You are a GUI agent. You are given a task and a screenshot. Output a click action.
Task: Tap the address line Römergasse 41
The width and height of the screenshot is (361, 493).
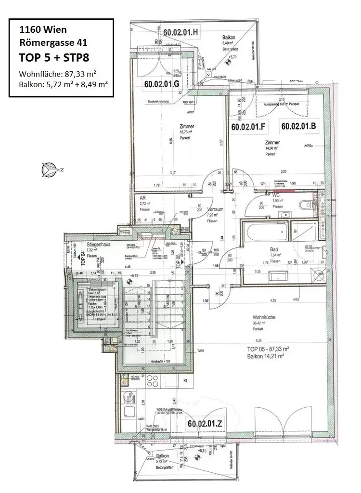pos(53,42)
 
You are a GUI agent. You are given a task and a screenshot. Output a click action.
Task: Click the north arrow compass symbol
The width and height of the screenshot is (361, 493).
pos(50,169)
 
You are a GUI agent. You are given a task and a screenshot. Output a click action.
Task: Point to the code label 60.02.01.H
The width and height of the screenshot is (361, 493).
pos(181,32)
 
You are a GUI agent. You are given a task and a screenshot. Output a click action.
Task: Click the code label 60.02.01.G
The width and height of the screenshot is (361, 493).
pos(162,84)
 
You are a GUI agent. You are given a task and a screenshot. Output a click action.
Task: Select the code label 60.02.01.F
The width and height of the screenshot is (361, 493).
pos(248,127)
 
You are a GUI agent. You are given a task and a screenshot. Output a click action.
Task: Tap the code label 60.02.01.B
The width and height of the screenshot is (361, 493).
pos(298,127)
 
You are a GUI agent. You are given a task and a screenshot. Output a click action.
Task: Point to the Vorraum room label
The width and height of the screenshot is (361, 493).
pos(213,210)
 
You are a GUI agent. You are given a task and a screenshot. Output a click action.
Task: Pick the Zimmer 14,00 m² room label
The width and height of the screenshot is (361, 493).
pos(272,143)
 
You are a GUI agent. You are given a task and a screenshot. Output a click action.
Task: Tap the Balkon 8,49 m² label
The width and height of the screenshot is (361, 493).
pos(228,38)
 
